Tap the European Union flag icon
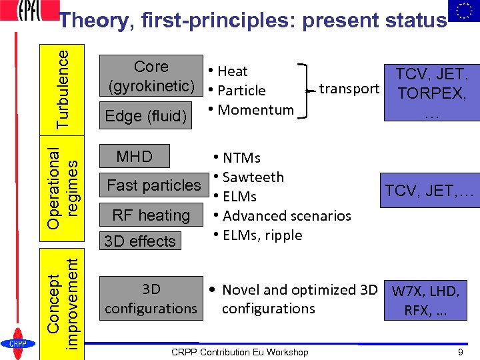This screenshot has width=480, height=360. (463, 11)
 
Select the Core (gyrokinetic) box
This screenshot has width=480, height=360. (151, 76)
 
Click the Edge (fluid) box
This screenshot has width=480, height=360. (146, 116)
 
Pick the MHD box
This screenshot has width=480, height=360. (134, 157)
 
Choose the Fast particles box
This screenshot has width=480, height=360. (153, 185)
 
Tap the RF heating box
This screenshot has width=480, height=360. (151, 215)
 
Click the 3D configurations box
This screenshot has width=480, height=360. (151, 299)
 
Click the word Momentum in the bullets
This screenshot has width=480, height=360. (255, 109)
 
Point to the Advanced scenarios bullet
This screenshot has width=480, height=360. (286, 215)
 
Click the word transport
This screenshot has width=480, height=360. (349, 88)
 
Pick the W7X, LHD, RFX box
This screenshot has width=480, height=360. (425, 300)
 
